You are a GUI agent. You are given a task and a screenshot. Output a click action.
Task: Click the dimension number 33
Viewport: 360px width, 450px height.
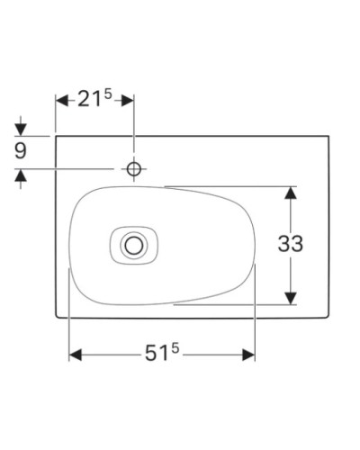[291, 244]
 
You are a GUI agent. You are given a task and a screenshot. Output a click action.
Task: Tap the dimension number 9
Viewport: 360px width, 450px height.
[21, 151]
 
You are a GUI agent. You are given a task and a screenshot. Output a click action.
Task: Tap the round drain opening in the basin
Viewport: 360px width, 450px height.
[134, 243]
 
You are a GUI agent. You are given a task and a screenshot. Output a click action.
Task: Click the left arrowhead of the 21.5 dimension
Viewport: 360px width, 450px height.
[61, 101]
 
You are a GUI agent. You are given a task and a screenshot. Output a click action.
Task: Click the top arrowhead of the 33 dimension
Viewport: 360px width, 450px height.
[291, 192]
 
